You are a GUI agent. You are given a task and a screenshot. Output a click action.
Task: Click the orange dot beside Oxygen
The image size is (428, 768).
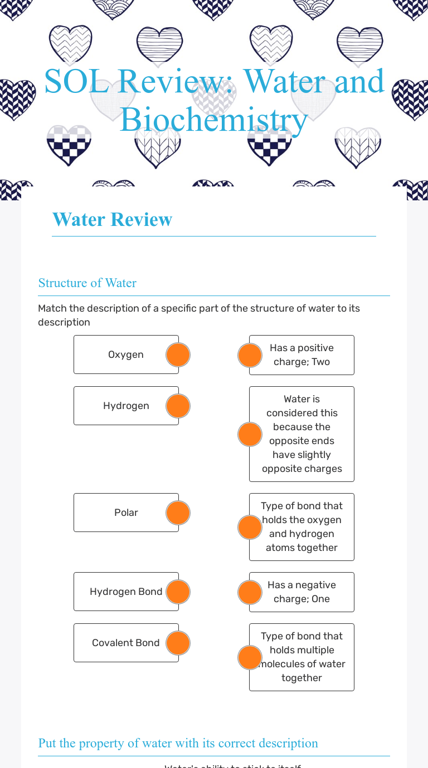click(x=178, y=355)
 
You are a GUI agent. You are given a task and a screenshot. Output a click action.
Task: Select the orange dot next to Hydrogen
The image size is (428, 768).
click(x=178, y=406)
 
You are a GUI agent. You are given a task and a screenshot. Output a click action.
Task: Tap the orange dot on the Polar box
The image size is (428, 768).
click(x=178, y=513)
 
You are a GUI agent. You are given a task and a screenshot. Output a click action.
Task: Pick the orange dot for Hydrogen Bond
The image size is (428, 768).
click(x=178, y=592)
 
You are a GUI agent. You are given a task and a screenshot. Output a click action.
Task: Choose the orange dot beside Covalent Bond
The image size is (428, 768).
click(x=178, y=643)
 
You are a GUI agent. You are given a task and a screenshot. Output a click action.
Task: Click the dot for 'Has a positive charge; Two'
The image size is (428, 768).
click(x=250, y=355)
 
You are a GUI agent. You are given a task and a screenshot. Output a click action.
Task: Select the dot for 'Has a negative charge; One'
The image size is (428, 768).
click(x=250, y=592)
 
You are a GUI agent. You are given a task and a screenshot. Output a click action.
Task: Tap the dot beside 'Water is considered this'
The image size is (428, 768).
click(x=250, y=434)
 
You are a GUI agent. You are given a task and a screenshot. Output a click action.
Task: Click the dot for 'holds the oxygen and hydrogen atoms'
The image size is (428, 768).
click(x=250, y=527)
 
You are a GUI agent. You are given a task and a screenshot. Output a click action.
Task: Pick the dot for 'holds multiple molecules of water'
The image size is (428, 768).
click(x=250, y=657)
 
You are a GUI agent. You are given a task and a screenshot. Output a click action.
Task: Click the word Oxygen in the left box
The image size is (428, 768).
click(x=126, y=355)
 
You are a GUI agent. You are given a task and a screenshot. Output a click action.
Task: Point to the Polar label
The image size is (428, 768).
click(x=126, y=513)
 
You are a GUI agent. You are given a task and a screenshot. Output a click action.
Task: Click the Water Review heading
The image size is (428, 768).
click(x=112, y=219)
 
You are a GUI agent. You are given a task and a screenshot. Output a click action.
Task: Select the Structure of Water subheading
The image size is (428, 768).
click(x=87, y=283)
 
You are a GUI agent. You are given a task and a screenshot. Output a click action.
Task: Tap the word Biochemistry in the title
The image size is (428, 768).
click(x=214, y=119)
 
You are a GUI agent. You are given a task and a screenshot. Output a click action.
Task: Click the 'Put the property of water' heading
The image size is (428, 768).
click(x=178, y=743)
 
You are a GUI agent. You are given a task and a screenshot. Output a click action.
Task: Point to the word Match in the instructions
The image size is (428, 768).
click(x=51, y=308)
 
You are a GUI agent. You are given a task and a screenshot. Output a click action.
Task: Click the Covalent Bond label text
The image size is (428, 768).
click(x=126, y=643)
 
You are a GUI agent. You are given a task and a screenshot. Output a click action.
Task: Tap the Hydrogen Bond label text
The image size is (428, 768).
click(x=126, y=592)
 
